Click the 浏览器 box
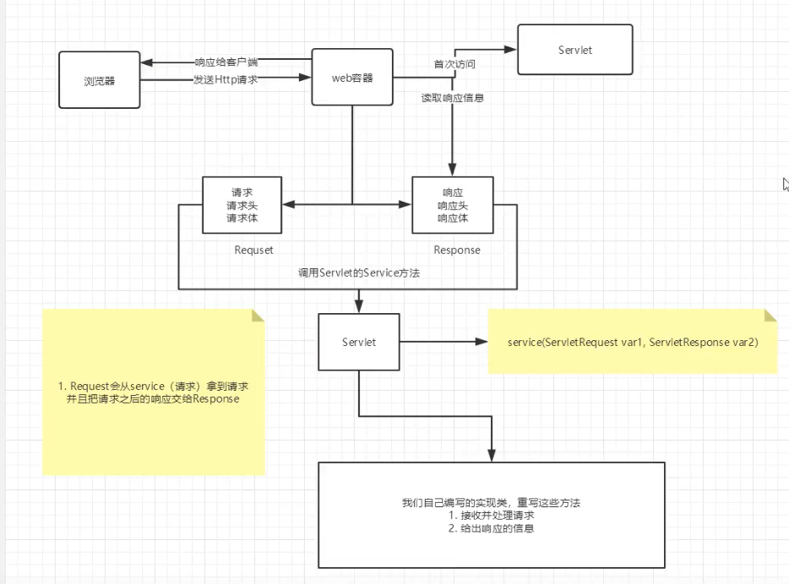(x=100, y=79)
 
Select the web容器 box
(x=353, y=78)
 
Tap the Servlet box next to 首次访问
(x=574, y=51)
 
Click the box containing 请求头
(x=242, y=205)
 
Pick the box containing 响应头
(x=452, y=205)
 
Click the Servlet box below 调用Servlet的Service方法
(x=359, y=342)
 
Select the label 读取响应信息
(x=453, y=98)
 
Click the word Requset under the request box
(x=253, y=250)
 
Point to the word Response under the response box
(x=457, y=250)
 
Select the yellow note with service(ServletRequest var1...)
(x=632, y=342)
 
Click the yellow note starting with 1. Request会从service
(x=153, y=392)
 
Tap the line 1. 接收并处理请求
(x=491, y=515)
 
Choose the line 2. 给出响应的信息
(x=491, y=528)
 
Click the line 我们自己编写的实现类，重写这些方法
(x=491, y=502)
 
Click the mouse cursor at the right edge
(x=786, y=184)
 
